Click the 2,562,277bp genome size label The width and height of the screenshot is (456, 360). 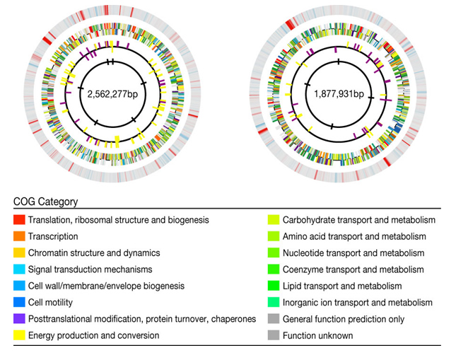pyautogui.click(x=112, y=94)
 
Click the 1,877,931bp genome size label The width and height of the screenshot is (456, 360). pyautogui.click(x=339, y=94)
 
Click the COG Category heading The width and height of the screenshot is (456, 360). pyautogui.click(x=46, y=202)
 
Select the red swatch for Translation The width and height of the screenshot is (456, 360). pyautogui.click(x=19, y=220)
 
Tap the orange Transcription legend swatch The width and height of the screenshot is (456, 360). pyautogui.click(x=19, y=236)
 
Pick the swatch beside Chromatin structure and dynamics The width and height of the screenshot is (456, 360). pyautogui.click(x=19, y=252)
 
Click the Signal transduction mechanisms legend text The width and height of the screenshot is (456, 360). pyautogui.click(x=90, y=269)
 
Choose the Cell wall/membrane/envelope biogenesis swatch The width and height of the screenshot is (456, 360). pyautogui.click(x=19, y=286)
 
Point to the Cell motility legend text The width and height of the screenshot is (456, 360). pyautogui.click(x=50, y=303)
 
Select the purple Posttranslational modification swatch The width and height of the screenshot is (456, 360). pyautogui.click(x=19, y=319)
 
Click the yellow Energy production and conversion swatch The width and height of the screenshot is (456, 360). pyautogui.click(x=19, y=335)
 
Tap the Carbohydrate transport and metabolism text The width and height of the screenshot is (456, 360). pyautogui.click(x=359, y=220)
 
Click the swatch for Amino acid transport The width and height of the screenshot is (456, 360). pyautogui.click(x=274, y=236)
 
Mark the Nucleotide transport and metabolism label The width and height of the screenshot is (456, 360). pyautogui.click(x=353, y=253)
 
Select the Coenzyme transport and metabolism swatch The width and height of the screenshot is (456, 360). pyautogui.click(x=274, y=269)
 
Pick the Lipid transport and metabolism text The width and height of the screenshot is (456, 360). pyautogui.click(x=342, y=286)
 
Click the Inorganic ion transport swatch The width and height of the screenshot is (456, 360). pyautogui.click(x=274, y=303)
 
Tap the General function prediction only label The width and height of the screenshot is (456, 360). pyautogui.click(x=344, y=319)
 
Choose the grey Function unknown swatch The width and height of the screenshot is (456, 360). pyautogui.click(x=274, y=335)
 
